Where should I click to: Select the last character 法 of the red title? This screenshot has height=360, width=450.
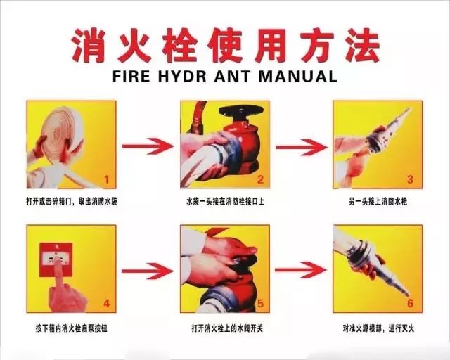click(x=360, y=45)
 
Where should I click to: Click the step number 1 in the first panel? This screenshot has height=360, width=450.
click(x=107, y=180)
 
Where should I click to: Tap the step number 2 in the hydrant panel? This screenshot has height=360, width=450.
click(x=259, y=180)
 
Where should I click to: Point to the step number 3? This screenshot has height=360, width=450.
click(x=410, y=180)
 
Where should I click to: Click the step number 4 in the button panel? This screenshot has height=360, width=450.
click(x=107, y=304)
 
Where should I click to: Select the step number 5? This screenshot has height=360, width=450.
click(x=259, y=304)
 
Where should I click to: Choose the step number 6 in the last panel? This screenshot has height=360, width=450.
click(x=410, y=304)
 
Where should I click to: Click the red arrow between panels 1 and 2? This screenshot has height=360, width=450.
click(x=148, y=146)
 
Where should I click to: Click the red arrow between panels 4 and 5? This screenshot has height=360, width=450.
click(x=148, y=270)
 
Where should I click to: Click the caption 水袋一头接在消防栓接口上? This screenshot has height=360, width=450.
click(x=224, y=202)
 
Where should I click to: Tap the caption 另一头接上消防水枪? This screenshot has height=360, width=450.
click(x=378, y=202)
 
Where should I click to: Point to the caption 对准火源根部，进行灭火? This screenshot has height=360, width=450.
click(x=378, y=328)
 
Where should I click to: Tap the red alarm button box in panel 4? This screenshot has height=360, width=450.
click(x=58, y=257)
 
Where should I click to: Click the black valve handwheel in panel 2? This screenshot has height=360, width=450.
click(x=240, y=112)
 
